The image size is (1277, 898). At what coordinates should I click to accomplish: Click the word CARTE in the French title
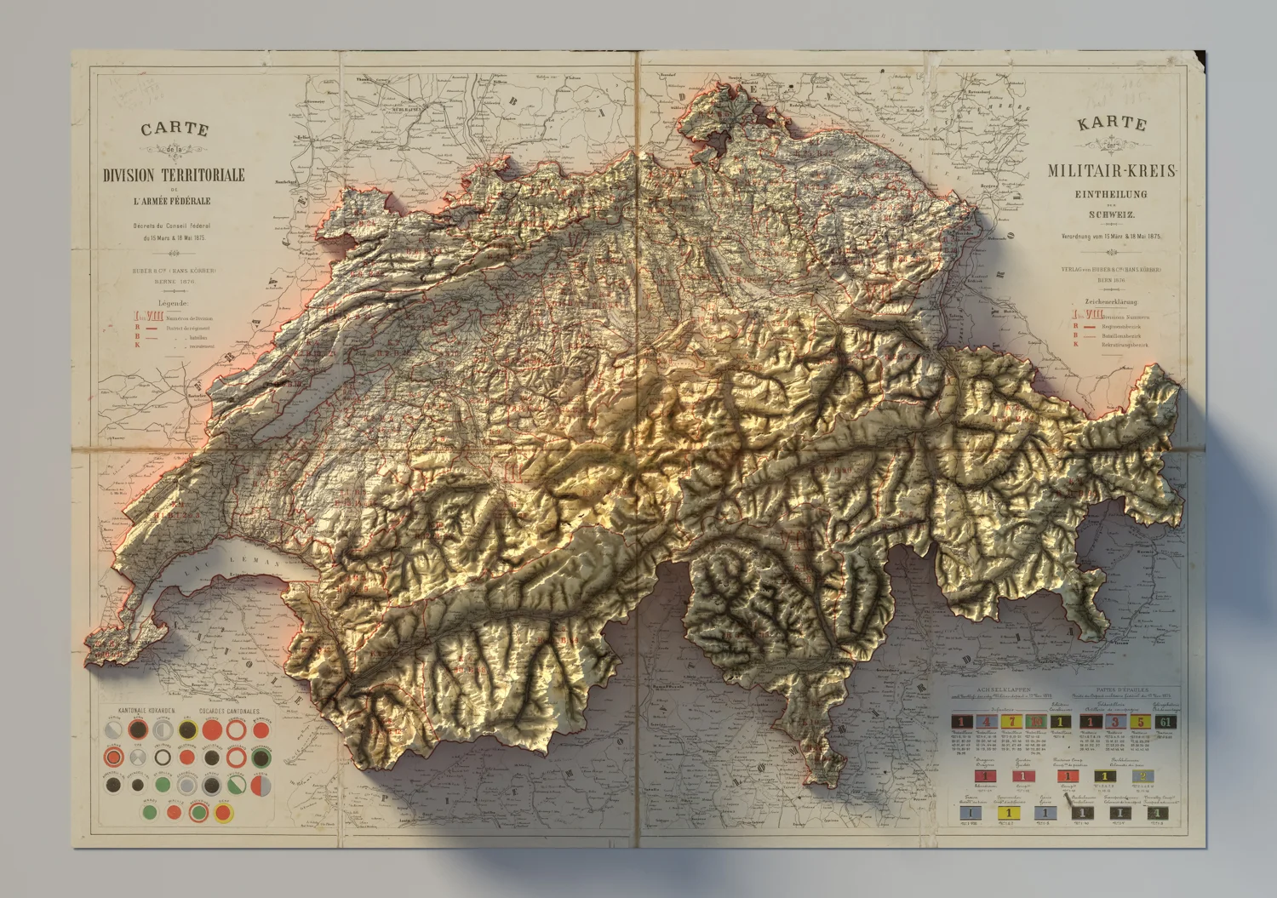(x=175, y=129)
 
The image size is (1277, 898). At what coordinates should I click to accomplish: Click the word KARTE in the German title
(x=1112, y=123)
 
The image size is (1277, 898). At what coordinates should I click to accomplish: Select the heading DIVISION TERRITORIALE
(x=174, y=175)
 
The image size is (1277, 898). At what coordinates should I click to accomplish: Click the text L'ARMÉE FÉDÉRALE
(x=171, y=202)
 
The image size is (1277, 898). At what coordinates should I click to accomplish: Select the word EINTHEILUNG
(x=1111, y=194)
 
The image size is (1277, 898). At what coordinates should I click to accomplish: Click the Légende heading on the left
(x=173, y=303)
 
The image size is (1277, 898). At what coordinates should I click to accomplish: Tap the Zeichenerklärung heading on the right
(x=1110, y=301)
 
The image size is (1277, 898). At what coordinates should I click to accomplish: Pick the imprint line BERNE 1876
(x=174, y=281)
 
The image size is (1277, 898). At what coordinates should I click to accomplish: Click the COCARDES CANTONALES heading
(x=229, y=711)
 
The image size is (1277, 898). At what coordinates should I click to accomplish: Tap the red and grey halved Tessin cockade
(x=261, y=785)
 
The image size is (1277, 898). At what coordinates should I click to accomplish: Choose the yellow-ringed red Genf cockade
(x=223, y=813)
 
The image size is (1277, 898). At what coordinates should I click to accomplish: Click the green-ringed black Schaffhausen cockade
(x=261, y=758)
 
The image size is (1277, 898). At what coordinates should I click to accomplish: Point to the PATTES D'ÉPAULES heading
(x=1123, y=690)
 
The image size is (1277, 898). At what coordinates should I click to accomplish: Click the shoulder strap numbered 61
(x=1165, y=722)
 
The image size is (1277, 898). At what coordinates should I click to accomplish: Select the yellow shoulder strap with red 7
(x=1011, y=722)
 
